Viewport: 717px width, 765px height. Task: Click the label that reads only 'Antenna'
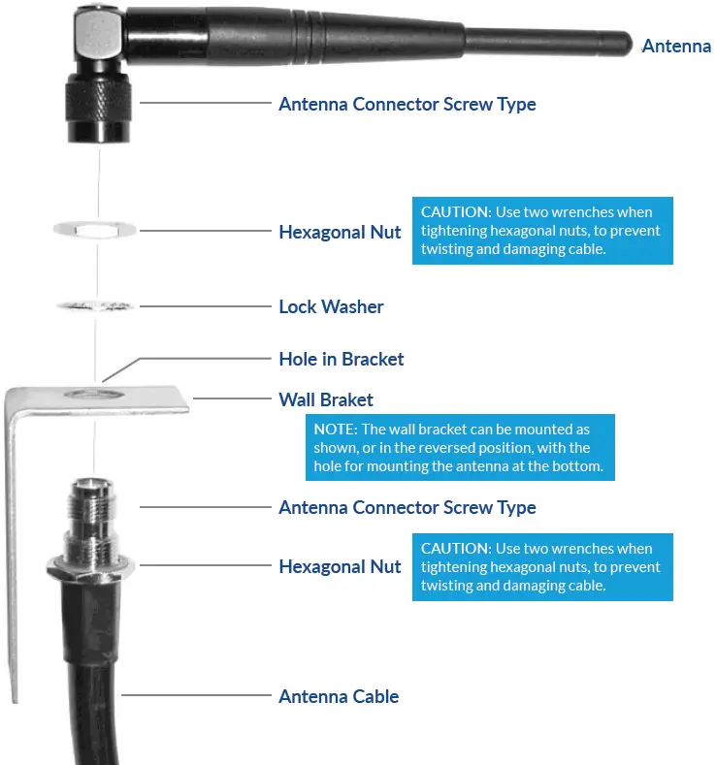(676, 46)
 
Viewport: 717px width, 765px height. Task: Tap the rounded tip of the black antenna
(626, 44)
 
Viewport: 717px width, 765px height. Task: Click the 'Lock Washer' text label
(331, 306)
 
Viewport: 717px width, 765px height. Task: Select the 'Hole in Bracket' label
(341, 359)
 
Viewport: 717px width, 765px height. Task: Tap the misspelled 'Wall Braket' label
(325, 399)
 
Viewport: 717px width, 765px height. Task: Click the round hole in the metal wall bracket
(94, 396)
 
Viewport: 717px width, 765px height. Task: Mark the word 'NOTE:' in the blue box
(336, 429)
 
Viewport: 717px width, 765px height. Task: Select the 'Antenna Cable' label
(338, 696)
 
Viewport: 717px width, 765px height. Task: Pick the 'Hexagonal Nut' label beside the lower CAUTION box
(340, 566)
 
